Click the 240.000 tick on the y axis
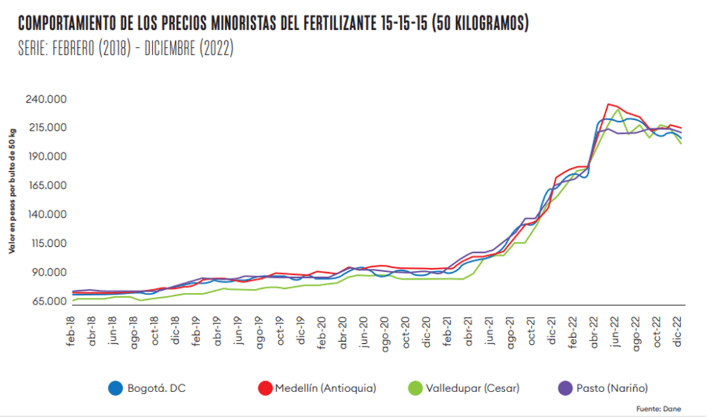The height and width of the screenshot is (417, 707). point(47,99)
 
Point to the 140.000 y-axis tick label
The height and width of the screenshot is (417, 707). point(47,214)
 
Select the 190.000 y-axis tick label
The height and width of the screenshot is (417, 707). point(47,156)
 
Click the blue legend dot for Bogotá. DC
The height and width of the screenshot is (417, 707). point(115,388)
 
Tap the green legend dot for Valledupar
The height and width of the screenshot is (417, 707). point(418,388)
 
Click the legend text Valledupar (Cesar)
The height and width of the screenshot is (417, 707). point(474,388)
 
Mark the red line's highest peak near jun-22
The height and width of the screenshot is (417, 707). point(608,104)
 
